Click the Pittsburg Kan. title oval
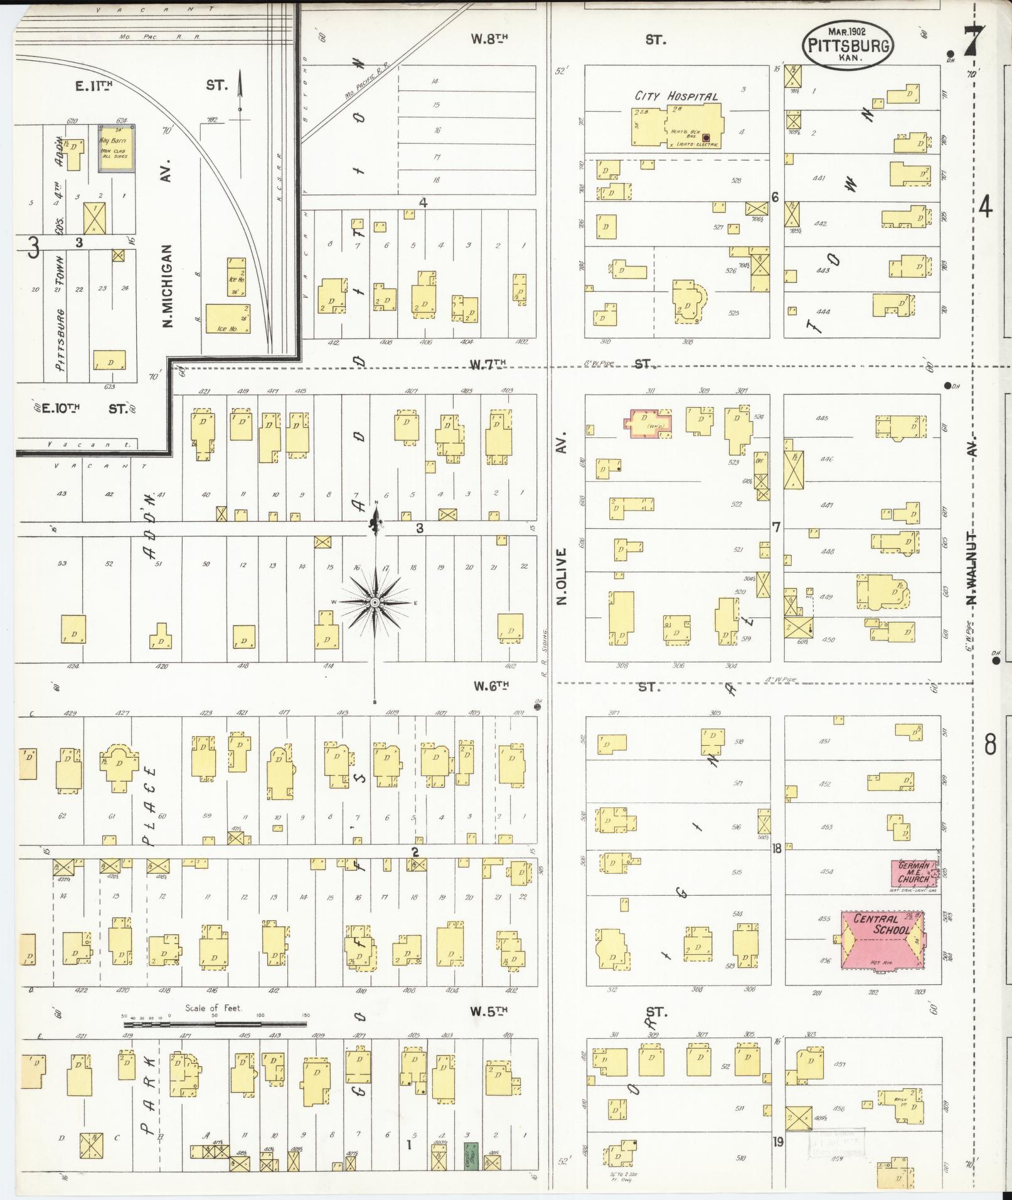click(848, 45)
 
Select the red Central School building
click(882, 940)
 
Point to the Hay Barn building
click(115, 149)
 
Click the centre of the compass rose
click(375, 603)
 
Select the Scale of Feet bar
click(214, 1024)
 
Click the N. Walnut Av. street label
click(972, 568)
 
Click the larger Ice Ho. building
click(227, 320)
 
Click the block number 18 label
click(777, 848)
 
